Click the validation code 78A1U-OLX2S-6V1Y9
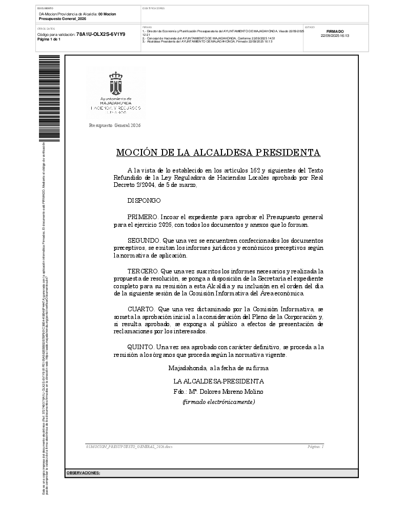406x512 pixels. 100,34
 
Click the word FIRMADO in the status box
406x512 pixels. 335,31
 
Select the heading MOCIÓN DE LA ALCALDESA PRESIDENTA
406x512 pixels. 218,153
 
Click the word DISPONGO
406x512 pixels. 144,201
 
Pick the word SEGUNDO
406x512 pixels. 144,240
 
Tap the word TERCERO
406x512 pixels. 143,271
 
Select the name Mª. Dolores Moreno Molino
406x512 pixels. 226,392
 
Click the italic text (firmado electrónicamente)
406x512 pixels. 219,402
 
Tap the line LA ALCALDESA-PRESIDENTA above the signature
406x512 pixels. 219,381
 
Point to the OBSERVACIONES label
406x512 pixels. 84,473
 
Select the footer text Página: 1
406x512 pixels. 315,447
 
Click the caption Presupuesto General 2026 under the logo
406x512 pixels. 115,125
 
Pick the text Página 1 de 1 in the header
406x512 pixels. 49,39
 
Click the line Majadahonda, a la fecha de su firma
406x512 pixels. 218,368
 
